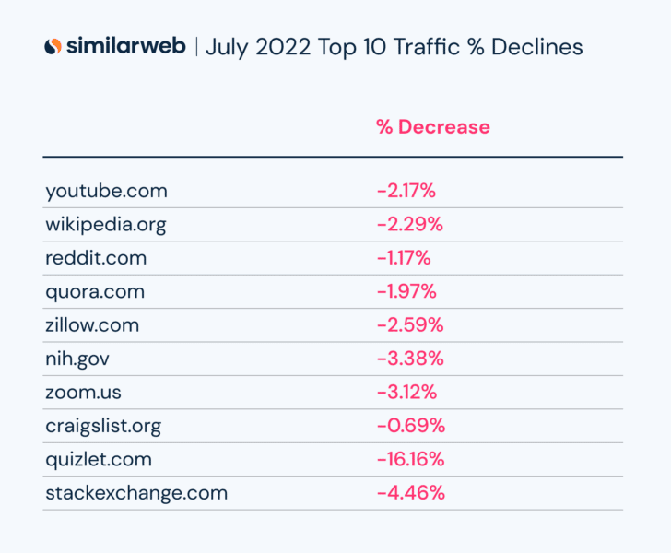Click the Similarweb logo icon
click(x=53, y=46)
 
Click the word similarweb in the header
click(x=126, y=46)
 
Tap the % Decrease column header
click(x=432, y=126)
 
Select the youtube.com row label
click(x=106, y=191)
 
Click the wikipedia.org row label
click(x=105, y=224)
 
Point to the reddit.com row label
click(x=96, y=258)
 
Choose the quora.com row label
click(x=95, y=291)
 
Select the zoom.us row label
click(x=83, y=392)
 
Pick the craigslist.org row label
click(x=103, y=426)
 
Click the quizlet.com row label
click(x=99, y=459)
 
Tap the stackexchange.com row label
click(x=136, y=492)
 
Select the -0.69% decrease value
click(x=411, y=426)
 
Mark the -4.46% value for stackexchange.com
click(x=411, y=492)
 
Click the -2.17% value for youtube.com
click(x=406, y=191)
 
